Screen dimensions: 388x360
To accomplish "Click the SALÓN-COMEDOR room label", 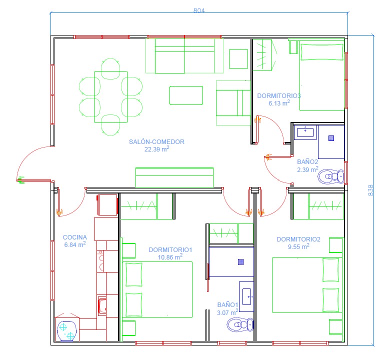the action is click(x=156, y=142).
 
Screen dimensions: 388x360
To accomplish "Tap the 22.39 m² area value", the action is click(x=156, y=149).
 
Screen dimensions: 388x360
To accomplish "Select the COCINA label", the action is click(x=74, y=237).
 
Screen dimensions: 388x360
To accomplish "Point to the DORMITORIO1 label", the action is click(x=170, y=250).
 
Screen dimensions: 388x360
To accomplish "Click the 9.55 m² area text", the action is click(x=298, y=246).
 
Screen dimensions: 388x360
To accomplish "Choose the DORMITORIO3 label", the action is click(x=279, y=96).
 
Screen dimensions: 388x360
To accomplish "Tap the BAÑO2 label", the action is click(x=307, y=162).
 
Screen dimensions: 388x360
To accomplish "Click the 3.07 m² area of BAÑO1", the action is click(x=227, y=312).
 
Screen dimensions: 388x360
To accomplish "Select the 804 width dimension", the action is click(x=199, y=10).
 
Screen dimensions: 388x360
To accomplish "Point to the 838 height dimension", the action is click(x=370, y=190).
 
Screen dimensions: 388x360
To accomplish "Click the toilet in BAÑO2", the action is click(x=331, y=176).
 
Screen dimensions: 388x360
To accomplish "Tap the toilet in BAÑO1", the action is click(x=240, y=324).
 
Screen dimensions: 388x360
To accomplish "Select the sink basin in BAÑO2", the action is click(x=305, y=132).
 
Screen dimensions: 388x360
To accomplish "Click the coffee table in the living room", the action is click(x=186, y=95).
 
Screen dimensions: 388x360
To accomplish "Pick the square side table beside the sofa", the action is click(x=238, y=59).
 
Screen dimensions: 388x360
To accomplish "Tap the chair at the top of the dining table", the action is click(x=110, y=68).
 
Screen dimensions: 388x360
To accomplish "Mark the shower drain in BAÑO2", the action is click(x=331, y=138).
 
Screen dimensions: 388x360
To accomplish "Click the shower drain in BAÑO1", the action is click(x=240, y=262).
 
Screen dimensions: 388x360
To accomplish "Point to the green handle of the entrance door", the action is click(x=21, y=180).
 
